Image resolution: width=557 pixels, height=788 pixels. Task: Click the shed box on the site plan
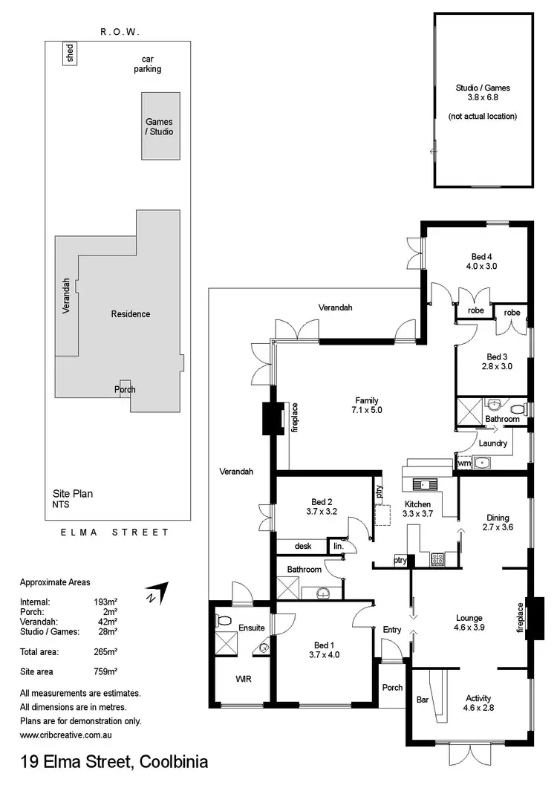click(x=70, y=54)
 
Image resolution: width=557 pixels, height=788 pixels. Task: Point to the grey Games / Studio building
click(x=160, y=126)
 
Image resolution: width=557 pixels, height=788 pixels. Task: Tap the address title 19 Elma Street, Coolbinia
click(x=114, y=762)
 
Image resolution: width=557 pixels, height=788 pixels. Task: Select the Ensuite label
click(x=252, y=628)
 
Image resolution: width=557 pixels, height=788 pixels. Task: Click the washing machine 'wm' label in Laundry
click(x=464, y=464)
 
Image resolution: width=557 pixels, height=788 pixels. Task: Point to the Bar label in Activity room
click(x=423, y=699)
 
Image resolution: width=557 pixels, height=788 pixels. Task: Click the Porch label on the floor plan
click(x=392, y=687)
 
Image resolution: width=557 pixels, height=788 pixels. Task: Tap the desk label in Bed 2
click(x=302, y=547)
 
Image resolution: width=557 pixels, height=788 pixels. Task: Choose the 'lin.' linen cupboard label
click(x=339, y=547)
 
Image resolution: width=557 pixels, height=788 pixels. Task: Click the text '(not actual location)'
click(x=483, y=117)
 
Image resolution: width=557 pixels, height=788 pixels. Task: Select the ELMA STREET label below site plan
click(x=114, y=533)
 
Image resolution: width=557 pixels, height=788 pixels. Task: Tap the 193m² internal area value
click(x=106, y=602)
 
